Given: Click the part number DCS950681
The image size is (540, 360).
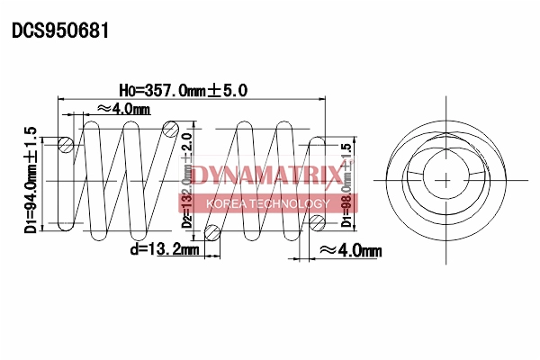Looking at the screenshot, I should click(x=60, y=31).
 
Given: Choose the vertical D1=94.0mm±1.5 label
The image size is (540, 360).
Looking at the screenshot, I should click(x=31, y=180).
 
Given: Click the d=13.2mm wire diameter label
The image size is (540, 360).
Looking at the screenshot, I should click(x=164, y=249).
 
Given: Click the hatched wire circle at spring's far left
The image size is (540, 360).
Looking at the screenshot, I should click(x=66, y=144).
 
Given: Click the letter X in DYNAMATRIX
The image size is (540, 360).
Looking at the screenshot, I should click(x=333, y=174).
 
